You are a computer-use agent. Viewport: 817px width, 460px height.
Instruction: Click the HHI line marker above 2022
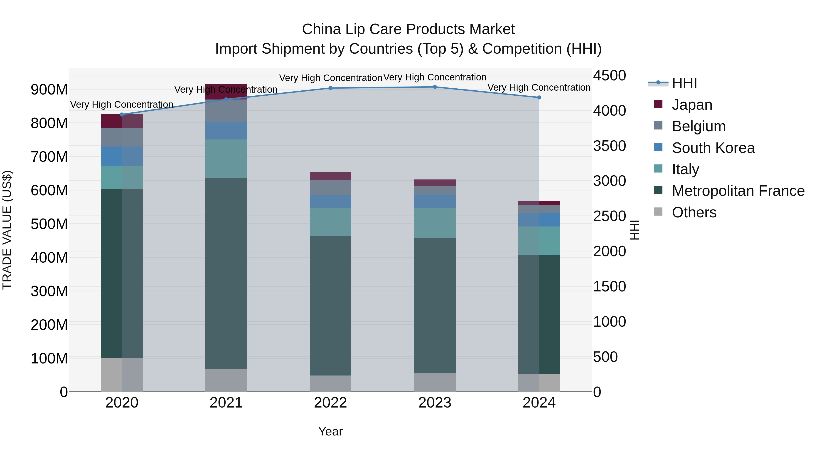coord(330,88)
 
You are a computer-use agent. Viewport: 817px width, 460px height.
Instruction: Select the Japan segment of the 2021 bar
coord(226,92)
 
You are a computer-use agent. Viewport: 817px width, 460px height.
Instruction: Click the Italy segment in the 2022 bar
coord(330,221)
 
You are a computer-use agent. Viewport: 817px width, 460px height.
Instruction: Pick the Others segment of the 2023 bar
coord(435,382)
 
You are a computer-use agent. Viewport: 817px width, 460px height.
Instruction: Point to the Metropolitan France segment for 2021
coord(226,273)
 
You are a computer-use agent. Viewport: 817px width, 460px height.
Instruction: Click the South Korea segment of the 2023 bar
coord(435,201)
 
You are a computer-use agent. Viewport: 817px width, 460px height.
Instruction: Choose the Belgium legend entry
coord(698,126)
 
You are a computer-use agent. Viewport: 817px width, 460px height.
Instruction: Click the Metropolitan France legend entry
coord(738,191)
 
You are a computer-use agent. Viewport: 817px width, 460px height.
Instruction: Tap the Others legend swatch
coord(658,212)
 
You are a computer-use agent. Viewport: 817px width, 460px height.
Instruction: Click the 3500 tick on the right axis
coord(609,146)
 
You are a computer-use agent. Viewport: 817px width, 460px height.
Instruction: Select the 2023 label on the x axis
coord(435,403)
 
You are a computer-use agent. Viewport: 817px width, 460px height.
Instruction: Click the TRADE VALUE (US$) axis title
coord(7,230)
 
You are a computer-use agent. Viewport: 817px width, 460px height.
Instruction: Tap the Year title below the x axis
coord(330,431)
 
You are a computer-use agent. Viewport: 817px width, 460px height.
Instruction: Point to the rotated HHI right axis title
coord(634,230)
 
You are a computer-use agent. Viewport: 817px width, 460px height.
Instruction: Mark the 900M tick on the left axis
coord(49,90)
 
